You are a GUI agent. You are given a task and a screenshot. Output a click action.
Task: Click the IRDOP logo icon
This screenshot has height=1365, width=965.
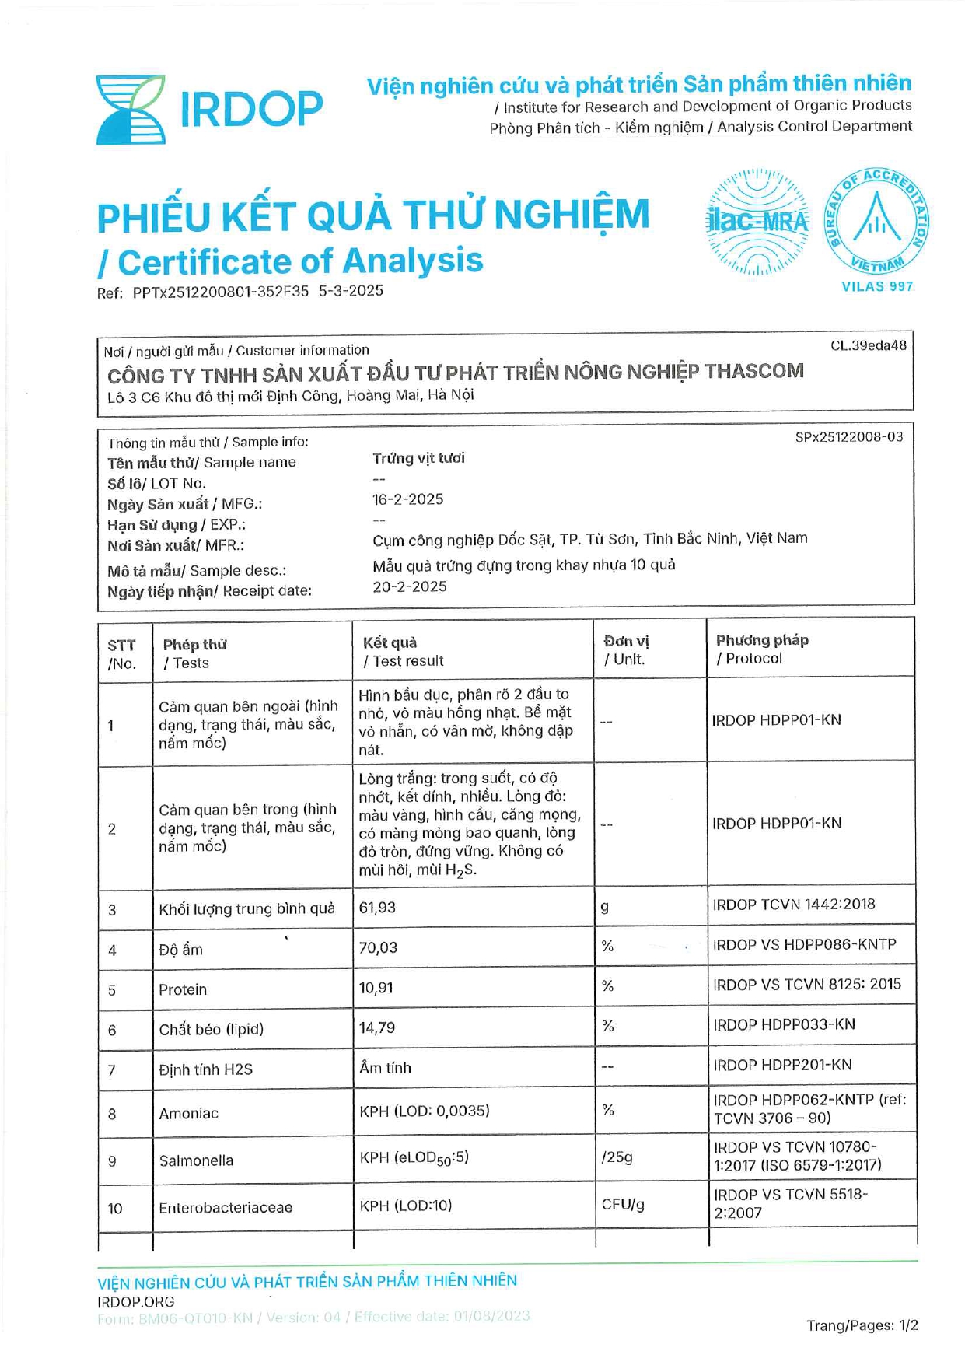(130, 110)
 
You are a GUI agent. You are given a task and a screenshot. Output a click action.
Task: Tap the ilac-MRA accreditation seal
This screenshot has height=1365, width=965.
(757, 222)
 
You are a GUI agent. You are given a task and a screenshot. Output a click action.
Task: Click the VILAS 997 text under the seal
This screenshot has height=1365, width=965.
(877, 286)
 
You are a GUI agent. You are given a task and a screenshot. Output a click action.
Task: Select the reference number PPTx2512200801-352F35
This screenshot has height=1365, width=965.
(220, 292)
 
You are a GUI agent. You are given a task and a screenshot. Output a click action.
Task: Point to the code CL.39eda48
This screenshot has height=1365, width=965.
(868, 345)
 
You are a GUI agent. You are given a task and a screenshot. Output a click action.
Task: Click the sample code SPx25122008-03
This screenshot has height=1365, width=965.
(849, 437)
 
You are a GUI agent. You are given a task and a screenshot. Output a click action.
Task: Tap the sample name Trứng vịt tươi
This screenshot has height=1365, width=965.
(418, 458)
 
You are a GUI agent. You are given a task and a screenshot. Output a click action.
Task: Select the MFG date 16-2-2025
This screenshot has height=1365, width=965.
(407, 499)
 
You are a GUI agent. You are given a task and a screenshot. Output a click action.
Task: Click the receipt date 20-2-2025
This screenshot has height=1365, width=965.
(409, 586)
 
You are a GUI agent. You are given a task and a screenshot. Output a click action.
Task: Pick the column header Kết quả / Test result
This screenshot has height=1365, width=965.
(403, 652)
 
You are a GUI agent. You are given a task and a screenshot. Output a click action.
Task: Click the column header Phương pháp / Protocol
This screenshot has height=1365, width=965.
(761, 649)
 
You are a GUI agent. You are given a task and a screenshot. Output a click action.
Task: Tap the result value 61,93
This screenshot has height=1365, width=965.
(377, 908)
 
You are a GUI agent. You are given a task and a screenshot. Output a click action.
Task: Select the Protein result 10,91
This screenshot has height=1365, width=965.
(376, 988)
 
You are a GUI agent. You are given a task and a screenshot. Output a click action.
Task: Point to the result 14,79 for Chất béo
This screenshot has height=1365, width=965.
(376, 1027)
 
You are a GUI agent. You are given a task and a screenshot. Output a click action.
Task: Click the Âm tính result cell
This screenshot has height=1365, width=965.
(385, 1068)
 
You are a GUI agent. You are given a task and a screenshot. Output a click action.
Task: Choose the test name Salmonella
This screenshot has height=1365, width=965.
(196, 1160)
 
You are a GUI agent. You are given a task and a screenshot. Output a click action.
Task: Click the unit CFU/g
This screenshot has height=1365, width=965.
(623, 1205)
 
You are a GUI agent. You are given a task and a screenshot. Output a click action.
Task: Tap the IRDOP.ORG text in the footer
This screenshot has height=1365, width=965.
(136, 1302)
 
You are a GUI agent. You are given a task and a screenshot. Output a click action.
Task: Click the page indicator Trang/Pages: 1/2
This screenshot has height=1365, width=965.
(862, 1325)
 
